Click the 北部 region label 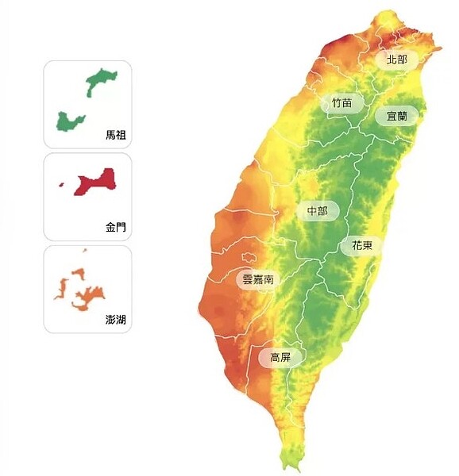point(396,59)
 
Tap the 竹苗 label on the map point(342,102)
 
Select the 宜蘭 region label point(396,116)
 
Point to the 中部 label point(317,211)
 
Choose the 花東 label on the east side point(361,246)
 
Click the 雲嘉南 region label point(258,279)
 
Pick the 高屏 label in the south point(280,358)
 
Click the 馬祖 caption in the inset point(116,135)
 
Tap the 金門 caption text point(116,227)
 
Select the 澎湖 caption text point(116,320)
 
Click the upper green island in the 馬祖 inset point(102,80)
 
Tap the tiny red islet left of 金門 point(62,186)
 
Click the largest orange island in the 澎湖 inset point(89,297)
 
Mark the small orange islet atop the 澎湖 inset point(83,251)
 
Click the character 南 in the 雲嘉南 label point(269,279)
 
